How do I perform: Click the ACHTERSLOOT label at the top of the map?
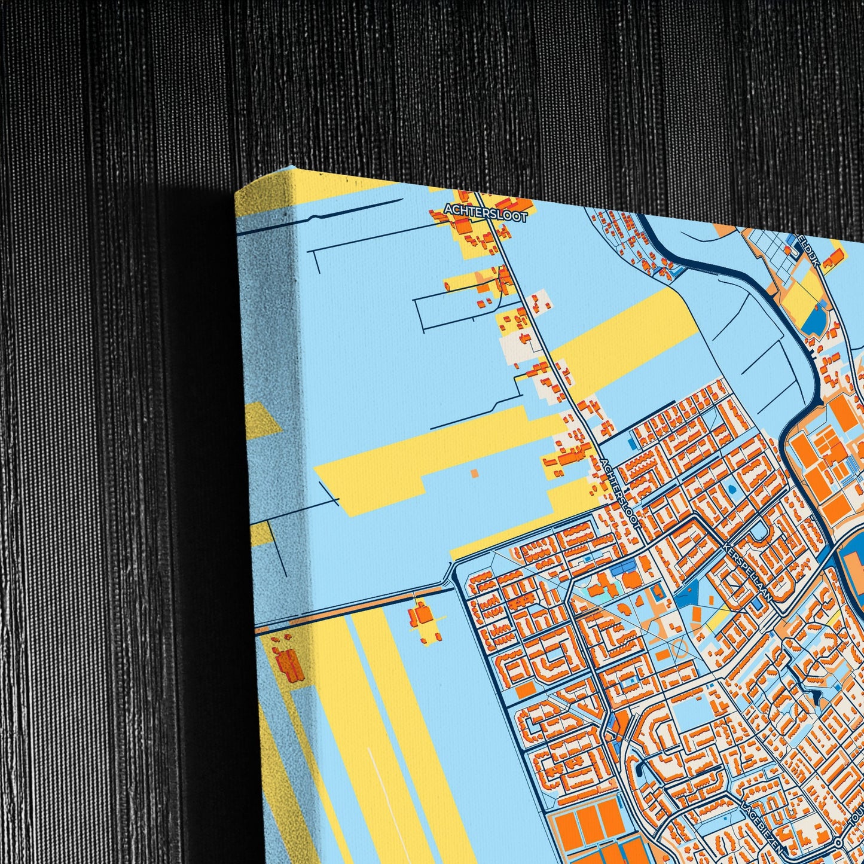click(486, 213)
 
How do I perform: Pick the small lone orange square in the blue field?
click(474, 474)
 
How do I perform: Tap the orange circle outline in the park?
click(679, 647)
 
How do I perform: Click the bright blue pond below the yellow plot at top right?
click(814, 321)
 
